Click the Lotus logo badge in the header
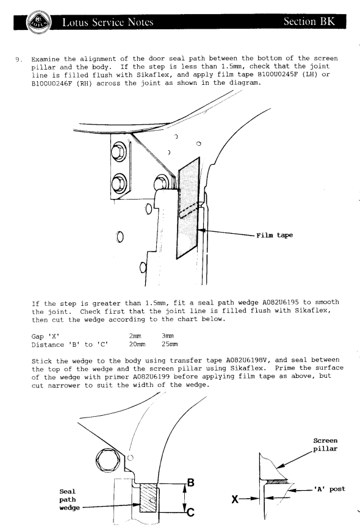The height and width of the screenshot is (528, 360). click(38, 22)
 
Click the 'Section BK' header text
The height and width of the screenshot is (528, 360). click(309, 21)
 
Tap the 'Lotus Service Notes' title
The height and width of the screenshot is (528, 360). click(107, 22)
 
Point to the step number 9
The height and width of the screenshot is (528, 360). click(18, 60)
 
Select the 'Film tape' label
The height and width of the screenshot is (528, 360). click(275, 235)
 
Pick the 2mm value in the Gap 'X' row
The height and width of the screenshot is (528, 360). click(135, 336)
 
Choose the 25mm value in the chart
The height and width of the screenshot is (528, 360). click(170, 344)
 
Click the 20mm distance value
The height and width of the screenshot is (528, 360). click(137, 344)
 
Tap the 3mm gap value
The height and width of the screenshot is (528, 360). click(168, 336)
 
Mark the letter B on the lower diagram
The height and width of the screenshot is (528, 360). click(190, 483)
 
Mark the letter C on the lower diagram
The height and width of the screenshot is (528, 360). click(190, 512)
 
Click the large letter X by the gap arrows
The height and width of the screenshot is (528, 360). click(235, 499)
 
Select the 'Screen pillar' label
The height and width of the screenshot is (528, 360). click(325, 444)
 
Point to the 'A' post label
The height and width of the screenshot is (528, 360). click(329, 489)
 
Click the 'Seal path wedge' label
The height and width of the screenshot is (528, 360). click(70, 499)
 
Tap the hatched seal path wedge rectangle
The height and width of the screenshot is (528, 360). click(148, 498)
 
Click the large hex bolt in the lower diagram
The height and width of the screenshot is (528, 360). click(108, 460)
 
